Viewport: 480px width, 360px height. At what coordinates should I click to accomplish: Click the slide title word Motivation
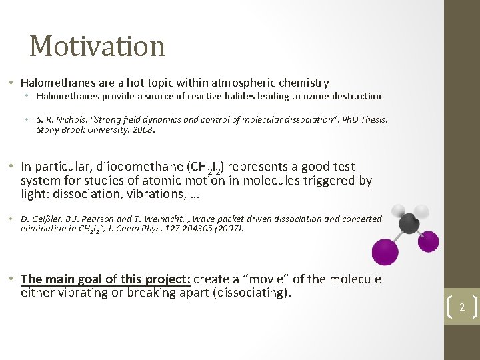point(97,46)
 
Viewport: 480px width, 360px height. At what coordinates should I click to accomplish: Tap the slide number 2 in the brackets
point(461,307)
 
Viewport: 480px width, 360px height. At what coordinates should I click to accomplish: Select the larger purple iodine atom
point(385,252)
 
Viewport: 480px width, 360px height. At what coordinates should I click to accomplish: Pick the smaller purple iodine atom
point(428,241)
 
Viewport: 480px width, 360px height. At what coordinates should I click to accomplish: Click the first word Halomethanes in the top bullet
point(59,83)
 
